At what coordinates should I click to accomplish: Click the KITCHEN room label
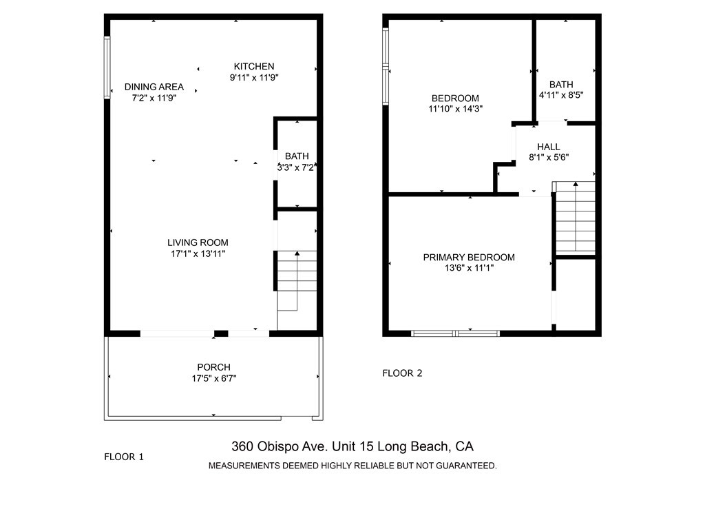253,67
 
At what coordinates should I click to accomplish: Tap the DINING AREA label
154,87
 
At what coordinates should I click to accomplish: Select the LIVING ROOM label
198,243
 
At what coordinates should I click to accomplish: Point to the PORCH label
213,367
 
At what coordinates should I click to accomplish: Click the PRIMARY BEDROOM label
469,258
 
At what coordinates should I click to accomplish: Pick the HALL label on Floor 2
549,147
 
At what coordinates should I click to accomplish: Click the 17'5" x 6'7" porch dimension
214,378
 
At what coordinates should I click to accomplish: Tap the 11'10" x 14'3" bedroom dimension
456,109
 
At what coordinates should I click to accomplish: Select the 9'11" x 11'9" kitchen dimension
254,77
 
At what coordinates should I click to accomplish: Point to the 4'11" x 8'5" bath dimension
561,95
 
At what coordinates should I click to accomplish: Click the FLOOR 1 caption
124,457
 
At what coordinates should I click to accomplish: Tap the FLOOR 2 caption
402,373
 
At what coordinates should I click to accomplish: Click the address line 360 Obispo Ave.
352,446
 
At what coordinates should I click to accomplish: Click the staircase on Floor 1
297,281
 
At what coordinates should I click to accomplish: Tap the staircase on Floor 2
576,217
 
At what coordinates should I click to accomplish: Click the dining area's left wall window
107,68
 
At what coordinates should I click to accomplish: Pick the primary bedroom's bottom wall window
456,333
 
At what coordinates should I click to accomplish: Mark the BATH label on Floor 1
297,156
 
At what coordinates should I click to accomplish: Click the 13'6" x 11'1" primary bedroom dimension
469,268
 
